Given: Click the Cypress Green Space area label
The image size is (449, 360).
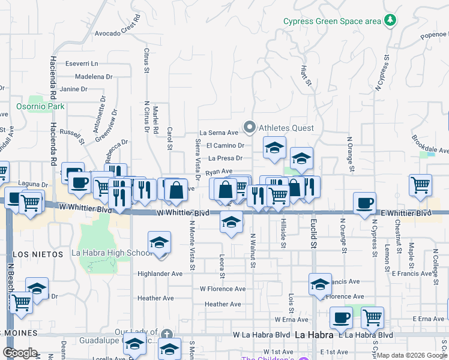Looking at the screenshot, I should coord(333,22).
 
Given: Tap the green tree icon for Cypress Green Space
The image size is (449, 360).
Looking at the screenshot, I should coord(391,20).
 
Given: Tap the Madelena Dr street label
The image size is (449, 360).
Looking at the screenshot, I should coord(93,77).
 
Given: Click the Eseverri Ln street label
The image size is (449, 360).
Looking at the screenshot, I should coord(82,64).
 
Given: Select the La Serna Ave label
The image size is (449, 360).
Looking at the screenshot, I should coord(220,133).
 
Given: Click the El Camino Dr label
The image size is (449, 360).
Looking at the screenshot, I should coord(224,145).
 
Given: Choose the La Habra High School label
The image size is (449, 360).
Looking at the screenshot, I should coord(112,253).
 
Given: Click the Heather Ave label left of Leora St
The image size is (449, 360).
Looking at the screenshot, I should coord(155,298).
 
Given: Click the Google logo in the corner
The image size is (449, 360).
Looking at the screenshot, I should coord(20,353).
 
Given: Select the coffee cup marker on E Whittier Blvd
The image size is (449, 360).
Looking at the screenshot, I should coord(364,203).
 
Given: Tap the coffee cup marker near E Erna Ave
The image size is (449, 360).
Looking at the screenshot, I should coord(341,317).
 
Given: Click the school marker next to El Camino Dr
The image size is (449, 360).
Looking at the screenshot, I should coord(274,148).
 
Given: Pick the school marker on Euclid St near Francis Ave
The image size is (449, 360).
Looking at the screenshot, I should coord(320,284).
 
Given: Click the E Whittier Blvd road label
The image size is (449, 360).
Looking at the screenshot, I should coord(406,213).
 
